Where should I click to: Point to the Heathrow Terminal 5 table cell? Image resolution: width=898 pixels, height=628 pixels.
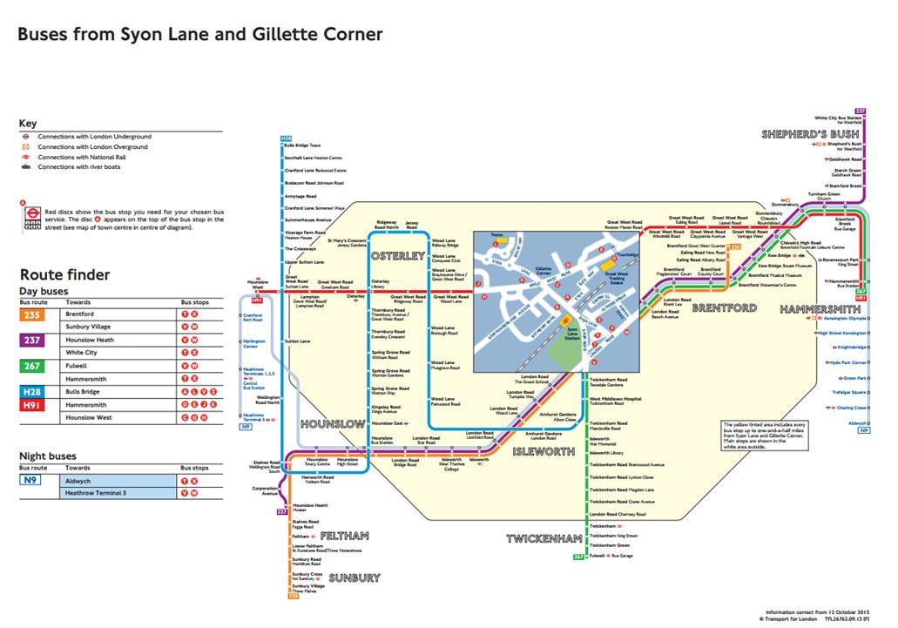95,493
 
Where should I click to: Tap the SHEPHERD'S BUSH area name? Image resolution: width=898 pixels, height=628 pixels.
810,134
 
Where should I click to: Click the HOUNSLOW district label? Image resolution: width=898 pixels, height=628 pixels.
332,423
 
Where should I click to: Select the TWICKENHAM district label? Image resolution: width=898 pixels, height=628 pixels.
544,539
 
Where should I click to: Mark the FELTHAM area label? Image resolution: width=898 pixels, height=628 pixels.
345,535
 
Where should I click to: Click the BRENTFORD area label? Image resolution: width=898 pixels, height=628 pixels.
726,307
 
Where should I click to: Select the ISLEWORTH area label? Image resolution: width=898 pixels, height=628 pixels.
544,452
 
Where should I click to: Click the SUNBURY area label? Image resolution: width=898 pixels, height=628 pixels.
354,577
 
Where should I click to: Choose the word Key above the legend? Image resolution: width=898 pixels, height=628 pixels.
28,124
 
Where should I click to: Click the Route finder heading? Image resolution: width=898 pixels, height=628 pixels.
64,274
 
